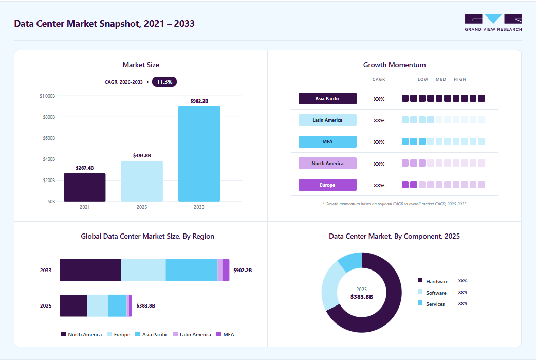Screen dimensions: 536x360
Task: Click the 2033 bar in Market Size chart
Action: click(199, 154)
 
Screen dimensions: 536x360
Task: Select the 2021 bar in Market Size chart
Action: click(84, 187)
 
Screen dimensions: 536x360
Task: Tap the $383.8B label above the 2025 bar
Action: click(142, 156)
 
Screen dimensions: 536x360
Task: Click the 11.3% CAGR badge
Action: click(164, 82)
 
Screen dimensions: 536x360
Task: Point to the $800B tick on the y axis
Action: click(49, 117)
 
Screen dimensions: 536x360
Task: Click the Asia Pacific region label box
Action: click(327, 99)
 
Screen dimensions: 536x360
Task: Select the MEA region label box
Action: click(327, 141)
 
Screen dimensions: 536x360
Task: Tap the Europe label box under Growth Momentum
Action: click(327, 185)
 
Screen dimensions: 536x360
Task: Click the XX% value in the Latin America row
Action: click(379, 120)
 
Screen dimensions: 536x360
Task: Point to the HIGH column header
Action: click(460, 79)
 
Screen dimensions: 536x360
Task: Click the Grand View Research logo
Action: click(493, 23)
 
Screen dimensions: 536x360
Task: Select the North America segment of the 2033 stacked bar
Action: click(90, 270)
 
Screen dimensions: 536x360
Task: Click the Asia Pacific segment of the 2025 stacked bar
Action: click(117, 305)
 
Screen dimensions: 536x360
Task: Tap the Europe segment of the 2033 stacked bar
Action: click(143, 270)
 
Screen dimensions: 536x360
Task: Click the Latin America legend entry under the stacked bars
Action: click(192, 334)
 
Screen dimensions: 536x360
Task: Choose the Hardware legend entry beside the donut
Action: click(433, 281)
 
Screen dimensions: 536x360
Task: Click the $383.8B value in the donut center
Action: click(362, 297)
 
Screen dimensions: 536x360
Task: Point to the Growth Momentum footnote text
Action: click(395, 204)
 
